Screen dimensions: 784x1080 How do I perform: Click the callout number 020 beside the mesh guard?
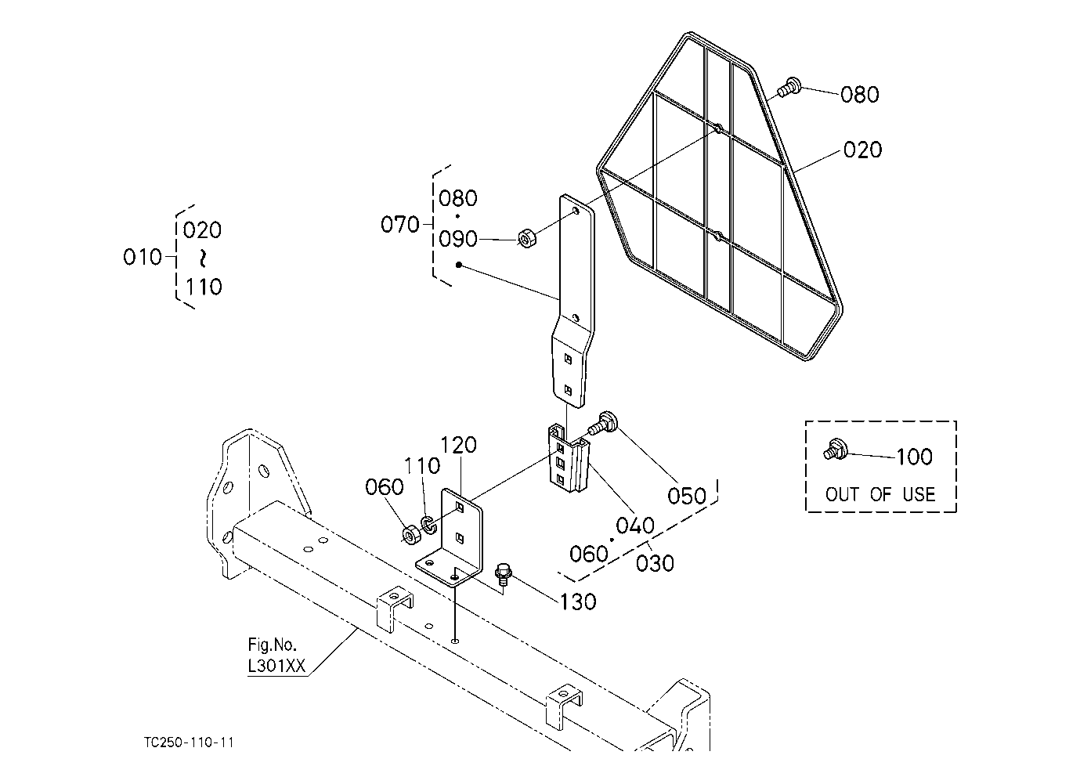[x=862, y=150]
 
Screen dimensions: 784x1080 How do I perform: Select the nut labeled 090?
[x=526, y=237]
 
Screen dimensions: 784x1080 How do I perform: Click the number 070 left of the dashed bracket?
[x=400, y=225]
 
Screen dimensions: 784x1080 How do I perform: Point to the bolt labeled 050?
[x=605, y=425]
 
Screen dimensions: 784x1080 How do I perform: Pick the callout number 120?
[x=458, y=446]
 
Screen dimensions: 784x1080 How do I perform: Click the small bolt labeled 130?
[x=503, y=574]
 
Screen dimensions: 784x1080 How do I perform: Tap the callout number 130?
[x=578, y=602]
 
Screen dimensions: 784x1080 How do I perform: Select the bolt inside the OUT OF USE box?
[x=833, y=451]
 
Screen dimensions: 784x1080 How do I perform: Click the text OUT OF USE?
[x=880, y=494]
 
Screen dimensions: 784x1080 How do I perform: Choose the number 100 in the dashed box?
[x=913, y=457]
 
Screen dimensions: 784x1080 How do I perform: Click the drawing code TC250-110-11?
[x=190, y=742]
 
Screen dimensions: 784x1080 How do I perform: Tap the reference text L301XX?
[x=276, y=667]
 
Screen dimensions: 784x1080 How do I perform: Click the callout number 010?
[x=143, y=257]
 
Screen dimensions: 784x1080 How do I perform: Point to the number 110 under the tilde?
[x=204, y=287]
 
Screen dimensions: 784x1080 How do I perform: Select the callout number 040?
[x=635, y=526]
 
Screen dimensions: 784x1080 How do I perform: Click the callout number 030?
[x=655, y=562]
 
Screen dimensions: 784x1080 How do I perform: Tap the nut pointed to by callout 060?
[x=410, y=535]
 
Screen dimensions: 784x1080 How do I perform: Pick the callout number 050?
[x=686, y=496]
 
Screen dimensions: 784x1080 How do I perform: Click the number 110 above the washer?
[x=422, y=466]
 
